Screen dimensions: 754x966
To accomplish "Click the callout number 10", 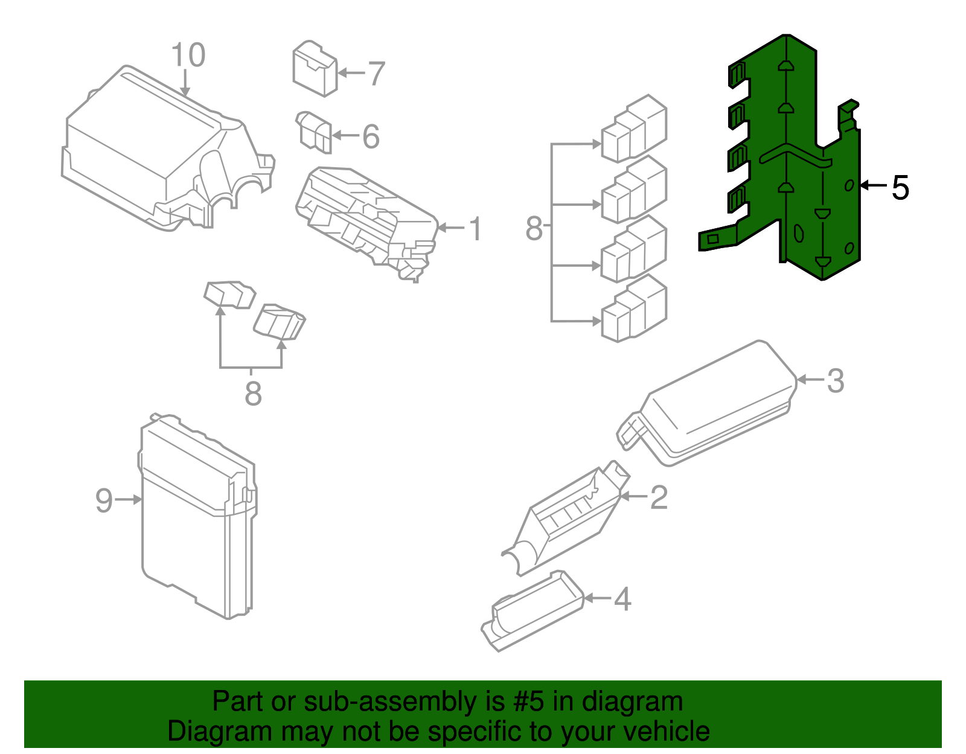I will (188, 56).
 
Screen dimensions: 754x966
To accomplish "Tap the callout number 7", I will (376, 74).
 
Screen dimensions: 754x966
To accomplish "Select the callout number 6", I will (371, 136).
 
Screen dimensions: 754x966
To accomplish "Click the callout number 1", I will (476, 229).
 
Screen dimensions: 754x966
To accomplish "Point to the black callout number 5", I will (900, 188).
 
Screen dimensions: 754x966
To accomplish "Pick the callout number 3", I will (835, 381).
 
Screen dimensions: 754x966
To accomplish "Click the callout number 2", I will (659, 497).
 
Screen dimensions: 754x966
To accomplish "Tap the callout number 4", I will (622, 599).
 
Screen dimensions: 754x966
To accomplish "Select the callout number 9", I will (104, 500).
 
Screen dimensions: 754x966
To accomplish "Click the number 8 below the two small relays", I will (253, 394).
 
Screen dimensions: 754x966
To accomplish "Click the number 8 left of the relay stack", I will (534, 229).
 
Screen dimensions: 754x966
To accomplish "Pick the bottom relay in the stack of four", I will (634, 309).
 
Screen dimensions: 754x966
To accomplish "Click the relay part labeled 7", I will (314, 69).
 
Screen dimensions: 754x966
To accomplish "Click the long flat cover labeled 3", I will (712, 404).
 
